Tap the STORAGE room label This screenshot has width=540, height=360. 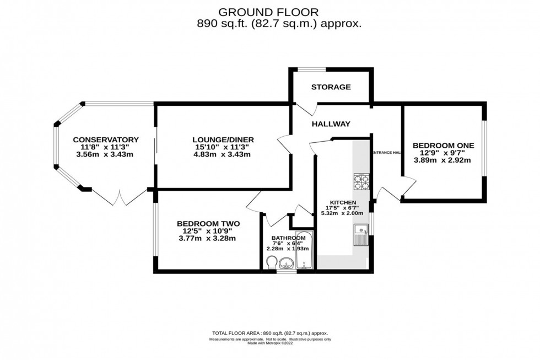pos(331,87)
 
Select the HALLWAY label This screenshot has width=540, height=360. pos(331,125)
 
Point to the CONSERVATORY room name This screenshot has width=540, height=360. pos(105,139)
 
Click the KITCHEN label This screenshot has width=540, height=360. pos(339,203)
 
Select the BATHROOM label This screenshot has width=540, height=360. pos(288,238)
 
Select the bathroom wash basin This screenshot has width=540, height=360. pos(287,264)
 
